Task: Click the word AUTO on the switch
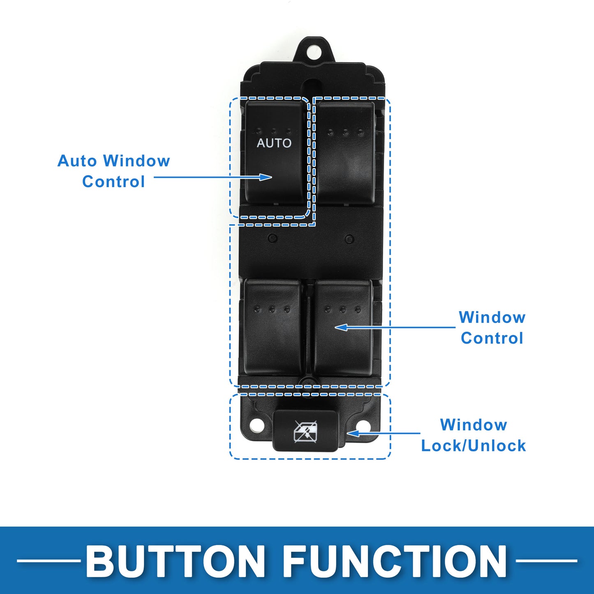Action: coord(274,143)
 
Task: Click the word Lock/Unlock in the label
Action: coord(474,446)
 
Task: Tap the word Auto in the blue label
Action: coord(77,161)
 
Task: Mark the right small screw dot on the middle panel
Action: coord(349,238)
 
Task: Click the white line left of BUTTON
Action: coord(49,561)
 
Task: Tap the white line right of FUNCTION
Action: coord(546,561)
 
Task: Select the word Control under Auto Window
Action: coord(113,181)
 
